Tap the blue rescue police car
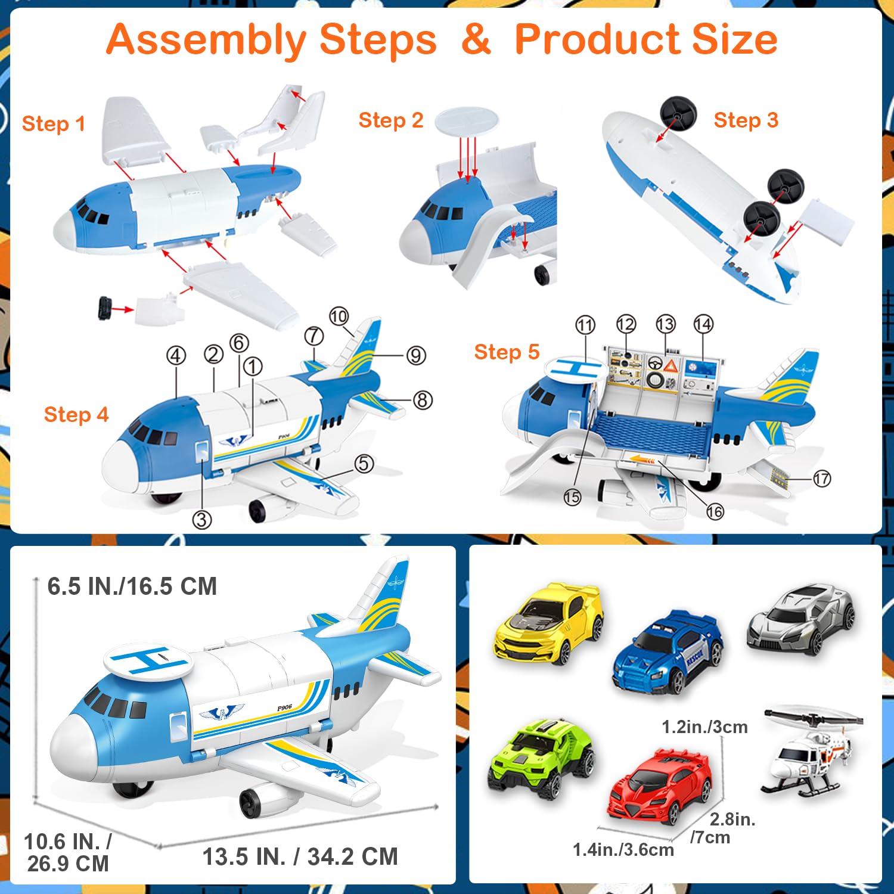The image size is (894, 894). click(668, 652)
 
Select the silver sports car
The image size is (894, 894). click(801, 620)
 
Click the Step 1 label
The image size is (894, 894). click(54, 123)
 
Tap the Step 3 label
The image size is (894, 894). click(746, 120)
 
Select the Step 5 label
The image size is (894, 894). click(507, 352)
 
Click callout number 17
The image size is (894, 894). click(822, 478)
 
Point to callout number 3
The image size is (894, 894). click(202, 520)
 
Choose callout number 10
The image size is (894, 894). click(339, 316)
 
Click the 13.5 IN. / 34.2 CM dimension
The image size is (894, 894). click(300, 856)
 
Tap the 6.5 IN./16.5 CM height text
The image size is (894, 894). click(132, 586)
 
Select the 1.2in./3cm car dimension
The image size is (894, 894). click(704, 727)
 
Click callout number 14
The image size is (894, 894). click(703, 324)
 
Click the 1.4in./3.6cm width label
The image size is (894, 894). click(623, 849)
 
